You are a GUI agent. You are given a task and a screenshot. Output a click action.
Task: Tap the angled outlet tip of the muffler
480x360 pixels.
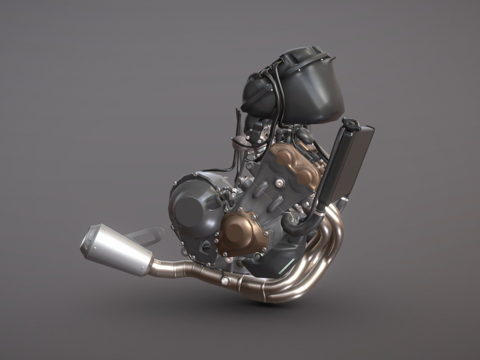pyautogui.click(x=89, y=240)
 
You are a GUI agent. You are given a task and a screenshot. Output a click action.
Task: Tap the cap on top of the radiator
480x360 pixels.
pyautogui.click(x=351, y=124)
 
